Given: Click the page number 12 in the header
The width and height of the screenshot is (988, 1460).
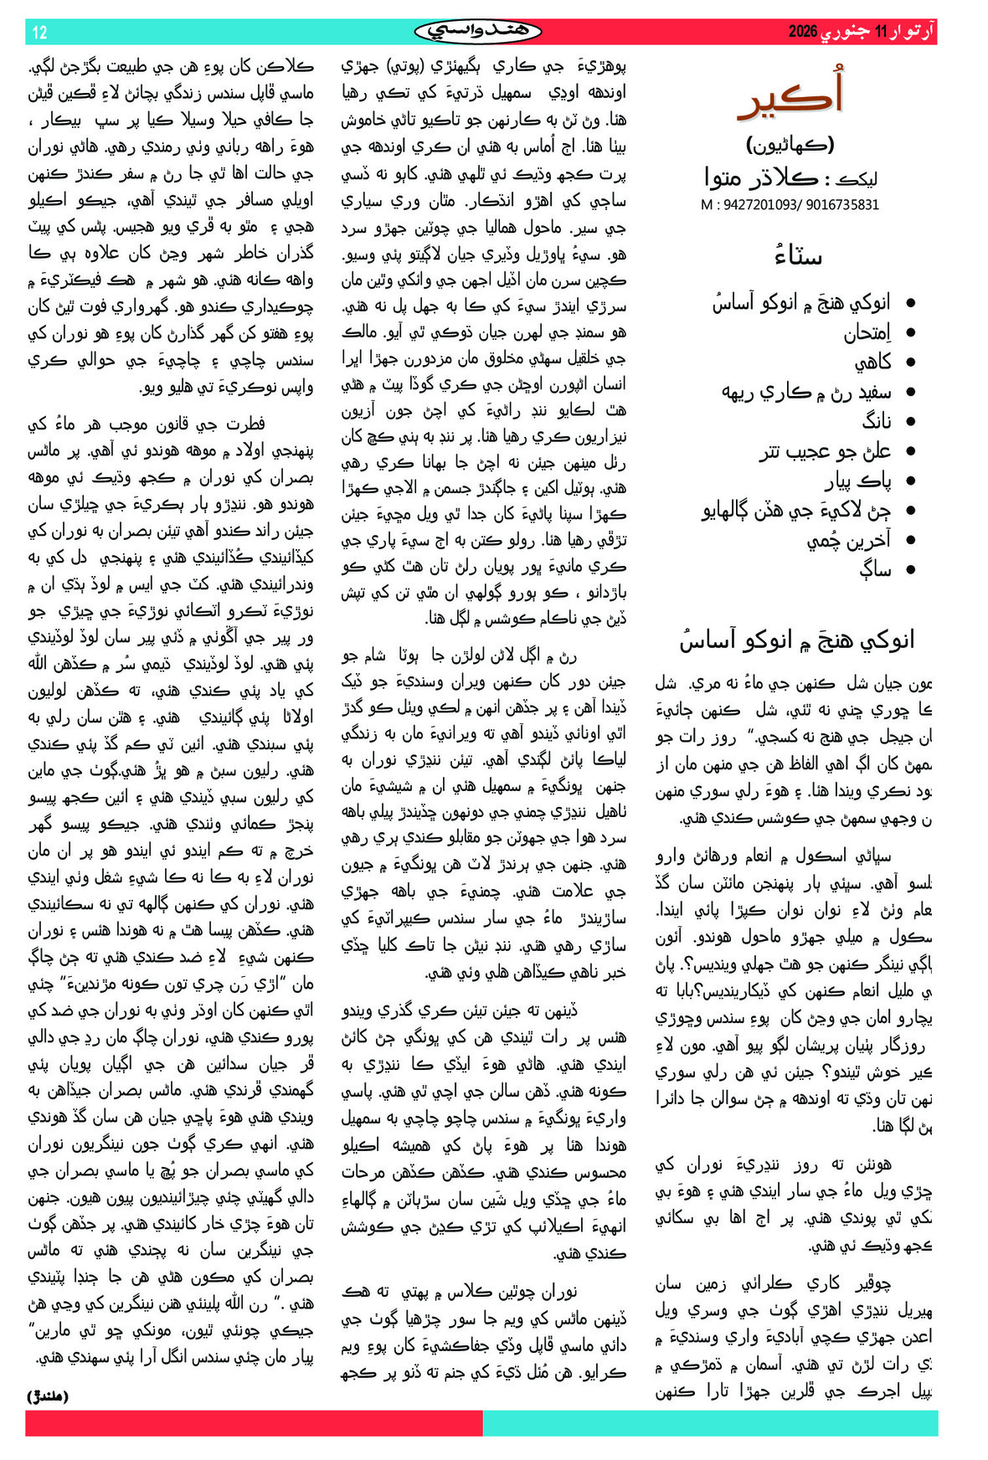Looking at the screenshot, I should (39, 33).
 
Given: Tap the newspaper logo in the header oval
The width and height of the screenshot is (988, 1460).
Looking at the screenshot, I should (477, 32).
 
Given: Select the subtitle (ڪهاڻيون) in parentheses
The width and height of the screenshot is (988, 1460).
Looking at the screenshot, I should (790, 145).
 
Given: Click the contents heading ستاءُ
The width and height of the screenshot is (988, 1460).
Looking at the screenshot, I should (797, 256).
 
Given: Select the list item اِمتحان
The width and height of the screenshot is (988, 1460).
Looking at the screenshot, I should (867, 332).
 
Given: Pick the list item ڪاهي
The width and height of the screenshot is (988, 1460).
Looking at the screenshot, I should (872, 362).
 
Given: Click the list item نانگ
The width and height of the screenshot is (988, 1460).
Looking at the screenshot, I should (877, 421).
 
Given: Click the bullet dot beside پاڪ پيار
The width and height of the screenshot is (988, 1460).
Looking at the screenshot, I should (911, 481).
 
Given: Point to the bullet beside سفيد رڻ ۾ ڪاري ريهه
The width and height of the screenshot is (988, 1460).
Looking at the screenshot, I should (911, 392).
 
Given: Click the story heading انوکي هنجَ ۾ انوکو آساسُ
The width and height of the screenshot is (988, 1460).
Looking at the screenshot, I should (796, 640).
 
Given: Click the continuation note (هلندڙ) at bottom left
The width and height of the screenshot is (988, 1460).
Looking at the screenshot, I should (48, 1396).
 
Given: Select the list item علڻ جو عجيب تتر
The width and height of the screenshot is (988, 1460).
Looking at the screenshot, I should (825, 451).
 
